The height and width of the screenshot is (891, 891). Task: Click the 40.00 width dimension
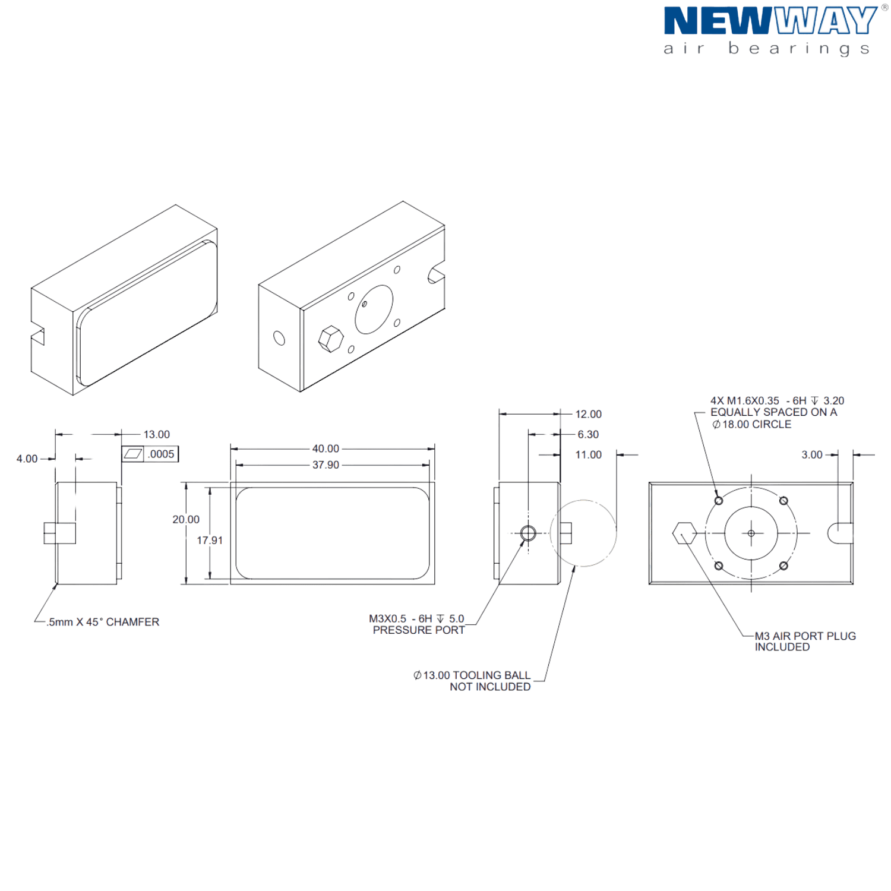[x=326, y=448]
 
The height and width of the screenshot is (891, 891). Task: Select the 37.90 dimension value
[x=326, y=465]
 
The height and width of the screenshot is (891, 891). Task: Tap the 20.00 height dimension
[x=186, y=520]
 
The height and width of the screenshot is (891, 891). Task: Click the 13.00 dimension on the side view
[x=156, y=434]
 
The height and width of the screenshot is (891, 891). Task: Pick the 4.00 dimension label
[x=27, y=459]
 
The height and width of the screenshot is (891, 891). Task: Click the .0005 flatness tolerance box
[x=161, y=454]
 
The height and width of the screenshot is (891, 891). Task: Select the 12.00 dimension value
[x=588, y=414]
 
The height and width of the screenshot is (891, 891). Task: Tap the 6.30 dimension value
[x=588, y=434]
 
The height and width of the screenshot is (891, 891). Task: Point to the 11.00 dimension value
[x=588, y=455]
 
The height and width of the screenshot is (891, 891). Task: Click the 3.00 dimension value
[x=812, y=455]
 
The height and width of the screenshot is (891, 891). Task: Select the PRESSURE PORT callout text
[x=419, y=630]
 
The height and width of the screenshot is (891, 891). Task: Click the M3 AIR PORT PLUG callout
[x=805, y=636]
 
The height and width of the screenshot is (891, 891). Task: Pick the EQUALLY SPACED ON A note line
[x=773, y=412]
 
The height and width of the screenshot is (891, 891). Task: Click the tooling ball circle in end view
[x=584, y=533]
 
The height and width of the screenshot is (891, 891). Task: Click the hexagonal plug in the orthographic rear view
[x=684, y=533]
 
